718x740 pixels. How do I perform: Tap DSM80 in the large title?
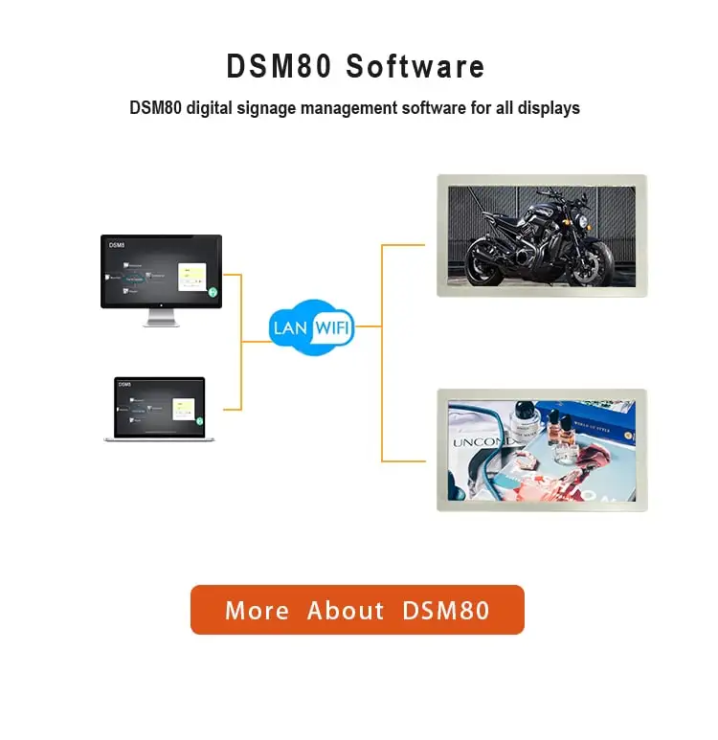(279, 67)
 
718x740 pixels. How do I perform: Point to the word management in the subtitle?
(346, 108)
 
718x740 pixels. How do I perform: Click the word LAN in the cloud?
(290, 328)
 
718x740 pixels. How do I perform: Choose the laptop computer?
(160, 410)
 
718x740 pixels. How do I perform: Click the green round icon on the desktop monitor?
(213, 291)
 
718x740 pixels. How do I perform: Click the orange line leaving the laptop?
(232, 410)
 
